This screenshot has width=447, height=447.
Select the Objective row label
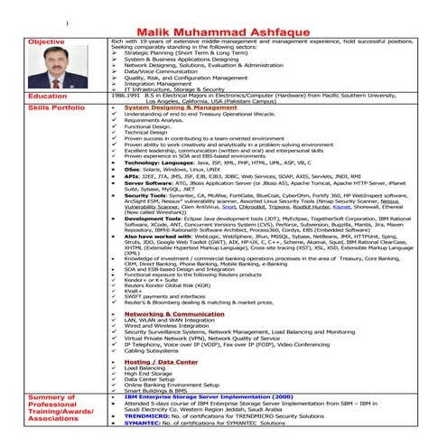pyautogui.click(x=46, y=42)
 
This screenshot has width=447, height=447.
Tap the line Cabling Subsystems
pyautogui.click(x=152, y=350)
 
